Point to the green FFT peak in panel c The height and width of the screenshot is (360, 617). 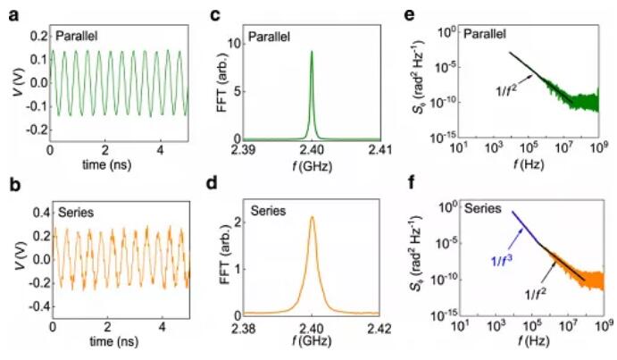(312, 54)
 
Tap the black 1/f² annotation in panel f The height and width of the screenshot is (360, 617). (534, 292)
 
